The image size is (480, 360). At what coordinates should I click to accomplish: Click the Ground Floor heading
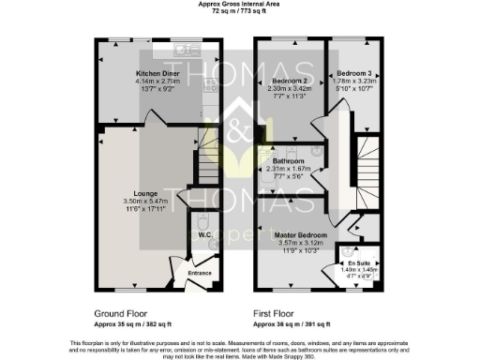click(x=120, y=312)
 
